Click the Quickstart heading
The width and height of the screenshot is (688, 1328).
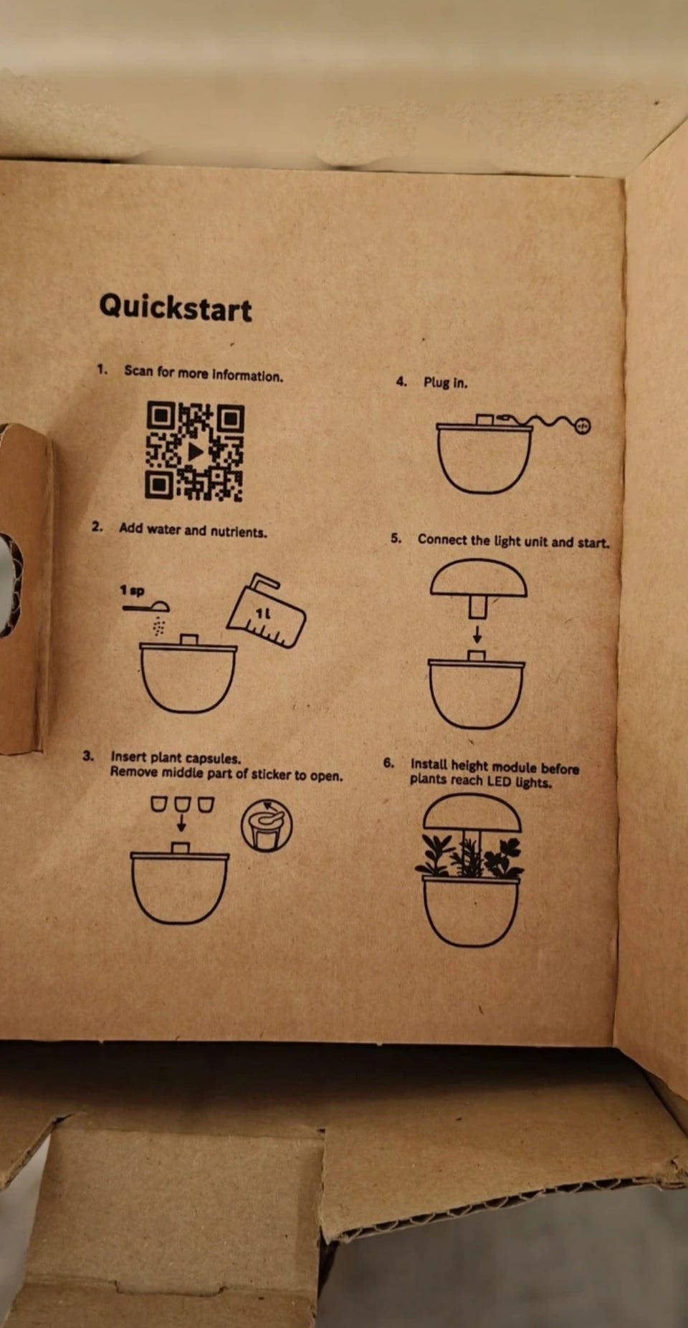coord(176,307)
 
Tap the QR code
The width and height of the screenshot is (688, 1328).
coord(195,451)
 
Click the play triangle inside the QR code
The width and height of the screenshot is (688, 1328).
coord(195,452)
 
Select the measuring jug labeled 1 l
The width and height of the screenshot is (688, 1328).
coord(266,610)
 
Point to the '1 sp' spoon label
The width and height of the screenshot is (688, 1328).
coord(132,590)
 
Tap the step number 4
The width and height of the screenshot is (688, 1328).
coord(401,382)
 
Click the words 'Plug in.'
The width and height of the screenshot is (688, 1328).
coord(445,382)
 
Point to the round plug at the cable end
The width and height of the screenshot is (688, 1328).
coord(583,425)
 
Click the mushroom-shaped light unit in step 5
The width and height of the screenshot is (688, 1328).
coord(478,587)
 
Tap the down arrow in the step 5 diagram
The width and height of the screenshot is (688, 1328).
coord(477,634)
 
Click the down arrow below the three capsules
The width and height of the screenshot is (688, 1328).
coord(181,822)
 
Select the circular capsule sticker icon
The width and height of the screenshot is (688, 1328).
coord(267,825)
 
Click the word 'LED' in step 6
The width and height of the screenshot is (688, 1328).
coord(499,781)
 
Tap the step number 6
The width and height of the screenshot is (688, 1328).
coord(388,763)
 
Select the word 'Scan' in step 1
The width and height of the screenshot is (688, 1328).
coord(138,371)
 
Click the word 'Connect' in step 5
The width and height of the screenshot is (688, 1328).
coord(442,539)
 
